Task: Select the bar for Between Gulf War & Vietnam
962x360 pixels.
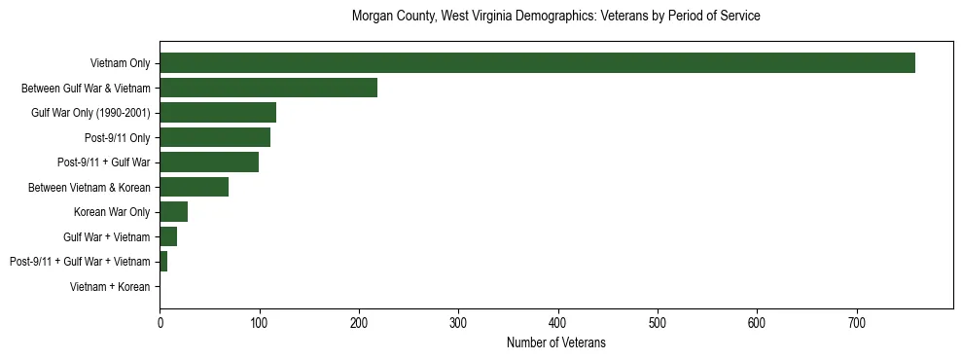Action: (x=268, y=88)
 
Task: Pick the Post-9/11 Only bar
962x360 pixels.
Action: (x=215, y=137)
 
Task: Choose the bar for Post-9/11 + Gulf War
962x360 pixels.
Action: (x=209, y=162)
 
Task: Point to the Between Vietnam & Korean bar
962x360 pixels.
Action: (x=195, y=187)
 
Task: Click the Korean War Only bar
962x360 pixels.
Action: (x=174, y=212)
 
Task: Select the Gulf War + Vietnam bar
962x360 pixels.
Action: (x=168, y=236)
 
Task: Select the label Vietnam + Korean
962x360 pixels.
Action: (x=110, y=287)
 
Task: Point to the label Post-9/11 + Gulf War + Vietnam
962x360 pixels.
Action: (x=80, y=262)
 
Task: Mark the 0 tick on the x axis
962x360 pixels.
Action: (x=160, y=323)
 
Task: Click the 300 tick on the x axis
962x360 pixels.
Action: (x=458, y=323)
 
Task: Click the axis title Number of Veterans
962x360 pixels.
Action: (x=556, y=342)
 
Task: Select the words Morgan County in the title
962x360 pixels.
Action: (x=387, y=17)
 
